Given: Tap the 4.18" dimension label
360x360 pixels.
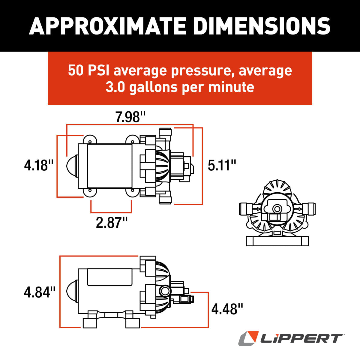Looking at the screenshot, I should point(39,165).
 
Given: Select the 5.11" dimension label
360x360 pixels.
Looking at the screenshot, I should point(222,165).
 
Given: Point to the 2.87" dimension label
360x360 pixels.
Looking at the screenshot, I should point(112,223).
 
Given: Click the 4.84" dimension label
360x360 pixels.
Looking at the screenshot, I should point(40,292).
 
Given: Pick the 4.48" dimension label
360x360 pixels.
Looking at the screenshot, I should point(227,309).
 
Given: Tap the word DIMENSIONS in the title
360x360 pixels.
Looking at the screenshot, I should point(262,26).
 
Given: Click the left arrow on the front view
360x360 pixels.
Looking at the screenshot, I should point(256,209).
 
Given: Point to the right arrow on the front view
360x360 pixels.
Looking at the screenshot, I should point(298,209).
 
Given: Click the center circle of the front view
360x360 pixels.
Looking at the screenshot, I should point(277,208).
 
